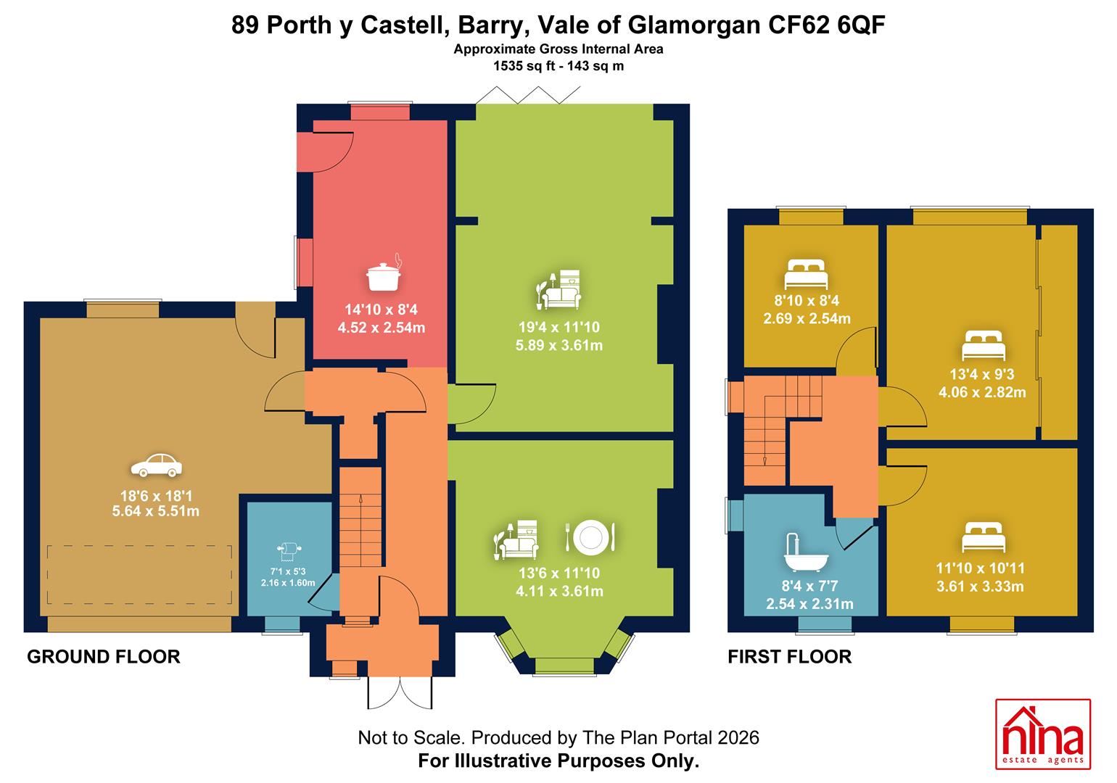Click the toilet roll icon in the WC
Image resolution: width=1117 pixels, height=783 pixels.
click(289, 552)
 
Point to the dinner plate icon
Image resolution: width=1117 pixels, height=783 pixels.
click(590, 536)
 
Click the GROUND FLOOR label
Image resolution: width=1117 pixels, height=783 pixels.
click(104, 657)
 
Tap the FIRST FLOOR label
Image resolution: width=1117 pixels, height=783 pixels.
click(790, 657)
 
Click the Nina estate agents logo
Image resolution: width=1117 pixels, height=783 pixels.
click(1043, 734)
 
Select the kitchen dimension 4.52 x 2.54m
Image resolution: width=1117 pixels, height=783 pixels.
click(382, 328)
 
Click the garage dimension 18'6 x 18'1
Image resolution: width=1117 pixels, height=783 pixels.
click(156, 496)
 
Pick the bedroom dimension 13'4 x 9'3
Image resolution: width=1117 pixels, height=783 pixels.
click(982, 374)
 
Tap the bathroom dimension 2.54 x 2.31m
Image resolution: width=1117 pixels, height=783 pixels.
click(809, 604)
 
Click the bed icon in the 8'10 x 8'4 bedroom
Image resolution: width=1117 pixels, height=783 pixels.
click(806, 274)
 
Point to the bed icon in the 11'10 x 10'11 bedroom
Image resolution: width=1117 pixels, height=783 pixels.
click(984, 536)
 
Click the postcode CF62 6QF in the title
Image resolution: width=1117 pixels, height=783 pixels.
click(826, 25)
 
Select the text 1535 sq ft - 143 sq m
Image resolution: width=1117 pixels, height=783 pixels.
click(558, 66)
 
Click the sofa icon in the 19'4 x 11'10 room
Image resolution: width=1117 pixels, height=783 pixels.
click(559, 289)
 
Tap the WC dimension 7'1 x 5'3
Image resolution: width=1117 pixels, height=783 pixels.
click(288, 572)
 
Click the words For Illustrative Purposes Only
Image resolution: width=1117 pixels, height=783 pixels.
click(558, 761)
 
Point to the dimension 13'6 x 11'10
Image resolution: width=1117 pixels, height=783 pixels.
click(559, 573)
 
